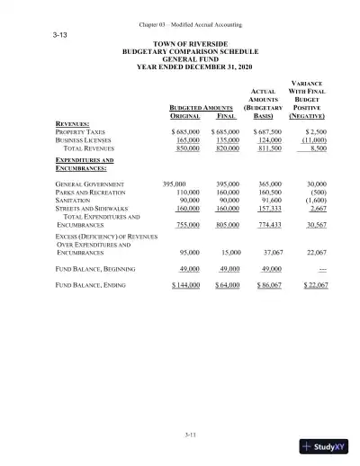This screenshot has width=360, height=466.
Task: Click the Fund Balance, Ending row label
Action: tap(93, 284)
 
